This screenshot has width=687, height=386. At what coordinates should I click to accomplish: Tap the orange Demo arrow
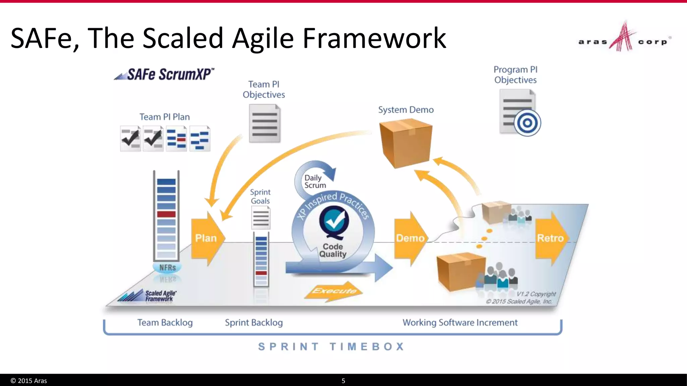410,238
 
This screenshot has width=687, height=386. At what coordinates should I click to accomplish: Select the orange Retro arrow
550,238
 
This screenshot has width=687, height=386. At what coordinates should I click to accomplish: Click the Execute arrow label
334,291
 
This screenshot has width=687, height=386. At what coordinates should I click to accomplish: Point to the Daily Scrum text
315,181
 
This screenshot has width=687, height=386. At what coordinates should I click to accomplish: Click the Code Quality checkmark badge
334,221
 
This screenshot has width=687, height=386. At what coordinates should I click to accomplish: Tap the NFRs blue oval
167,267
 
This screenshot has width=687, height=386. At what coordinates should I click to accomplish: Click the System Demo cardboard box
406,143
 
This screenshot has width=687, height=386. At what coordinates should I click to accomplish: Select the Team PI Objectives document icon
265,123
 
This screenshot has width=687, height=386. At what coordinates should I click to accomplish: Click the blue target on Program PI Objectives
527,123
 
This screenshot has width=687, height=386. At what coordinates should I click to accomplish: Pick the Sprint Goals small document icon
261,218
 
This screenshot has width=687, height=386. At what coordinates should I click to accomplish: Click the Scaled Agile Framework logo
148,296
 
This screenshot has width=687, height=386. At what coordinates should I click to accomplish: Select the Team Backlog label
165,322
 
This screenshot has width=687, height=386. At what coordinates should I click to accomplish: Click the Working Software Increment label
460,322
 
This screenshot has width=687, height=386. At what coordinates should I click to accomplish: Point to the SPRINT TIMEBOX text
331,346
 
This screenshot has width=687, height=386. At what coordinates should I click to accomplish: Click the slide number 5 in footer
343,381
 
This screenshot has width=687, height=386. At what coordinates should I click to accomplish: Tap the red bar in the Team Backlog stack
166,214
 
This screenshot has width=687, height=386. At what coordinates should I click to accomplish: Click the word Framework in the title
374,38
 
